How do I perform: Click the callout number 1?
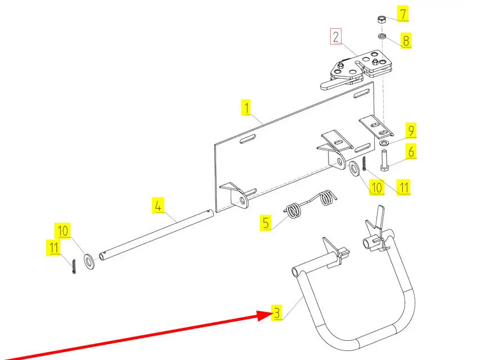pyautogui.click(x=246, y=107)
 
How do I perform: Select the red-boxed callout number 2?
pyautogui.click(x=336, y=38)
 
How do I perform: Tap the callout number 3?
pyautogui.click(x=276, y=312)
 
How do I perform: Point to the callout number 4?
pyautogui.click(x=159, y=205)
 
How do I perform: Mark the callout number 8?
pyautogui.click(x=406, y=40)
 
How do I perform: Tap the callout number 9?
pyautogui.click(x=411, y=131)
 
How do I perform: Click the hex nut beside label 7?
pyautogui.click(x=381, y=20)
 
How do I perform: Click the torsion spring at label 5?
pyautogui.click(x=309, y=204)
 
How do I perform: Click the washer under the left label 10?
pyautogui.click(x=89, y=260)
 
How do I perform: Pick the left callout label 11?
pyautogui.click(x=53, y=247)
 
